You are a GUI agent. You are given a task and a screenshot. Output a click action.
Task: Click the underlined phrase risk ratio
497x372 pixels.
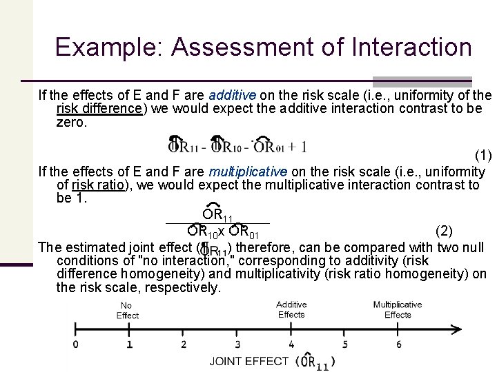[96, 185]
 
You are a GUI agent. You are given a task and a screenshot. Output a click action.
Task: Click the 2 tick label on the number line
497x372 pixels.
[183, 344]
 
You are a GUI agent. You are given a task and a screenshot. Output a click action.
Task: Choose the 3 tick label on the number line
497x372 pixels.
[237, 344]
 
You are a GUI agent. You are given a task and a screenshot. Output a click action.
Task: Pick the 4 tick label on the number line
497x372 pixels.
[291, 344]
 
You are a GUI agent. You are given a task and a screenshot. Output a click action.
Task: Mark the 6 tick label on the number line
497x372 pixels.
[398, 344]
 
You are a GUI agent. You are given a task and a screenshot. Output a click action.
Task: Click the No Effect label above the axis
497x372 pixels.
[127, 311]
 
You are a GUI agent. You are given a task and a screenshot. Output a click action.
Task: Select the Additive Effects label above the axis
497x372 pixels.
[291, 309]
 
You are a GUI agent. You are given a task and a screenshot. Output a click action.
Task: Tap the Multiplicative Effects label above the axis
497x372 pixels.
[398, 309]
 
